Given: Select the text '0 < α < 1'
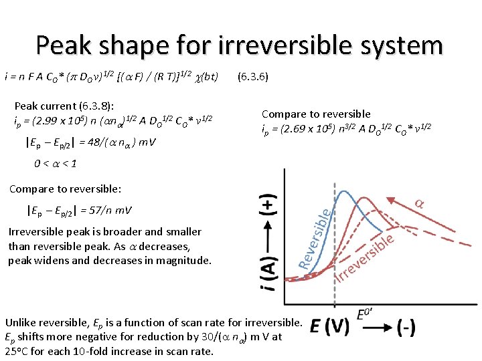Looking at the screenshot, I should [56, 164].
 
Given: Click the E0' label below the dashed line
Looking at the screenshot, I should [366, 312].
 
